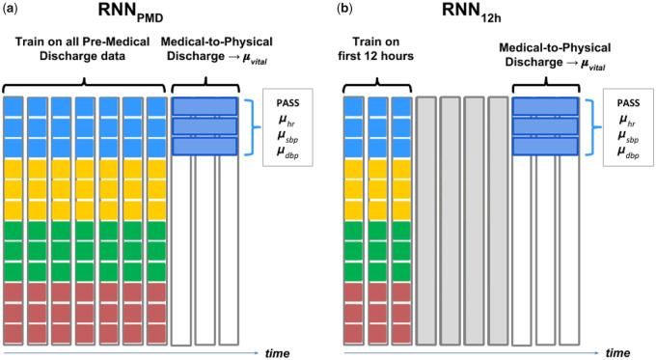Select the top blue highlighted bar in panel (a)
tap(205, 106)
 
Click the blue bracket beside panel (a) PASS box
tap(253, 125)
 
